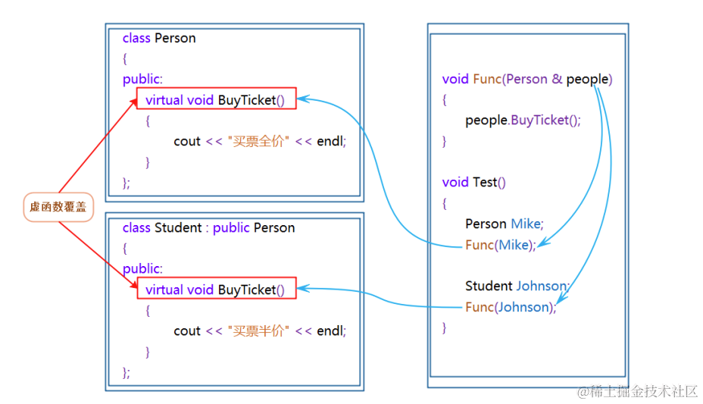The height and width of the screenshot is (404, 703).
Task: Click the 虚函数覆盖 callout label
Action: [x=58, y=206]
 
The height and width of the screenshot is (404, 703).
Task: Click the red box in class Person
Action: [x=216, y=99]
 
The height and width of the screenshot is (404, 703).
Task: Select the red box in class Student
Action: [x=216, y=290]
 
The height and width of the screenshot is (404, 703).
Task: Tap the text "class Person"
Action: [x=159, y=38]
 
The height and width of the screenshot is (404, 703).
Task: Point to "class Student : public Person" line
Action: [x=208, y=227]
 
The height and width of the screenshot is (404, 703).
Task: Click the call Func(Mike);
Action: [x=501, y=245]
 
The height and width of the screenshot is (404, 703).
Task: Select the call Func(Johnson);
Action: [x=511, y=307]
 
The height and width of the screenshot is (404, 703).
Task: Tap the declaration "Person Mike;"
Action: [x=505, y=224]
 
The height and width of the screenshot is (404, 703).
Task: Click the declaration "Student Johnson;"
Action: [x=517, y=286]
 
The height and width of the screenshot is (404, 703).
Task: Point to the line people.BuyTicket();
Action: [x=523, y=120]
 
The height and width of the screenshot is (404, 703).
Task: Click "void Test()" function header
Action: [x=474, y=182]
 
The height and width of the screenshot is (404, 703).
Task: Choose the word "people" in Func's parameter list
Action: [x=587, y=79]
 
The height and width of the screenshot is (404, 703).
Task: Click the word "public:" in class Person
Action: [x=142, y=79]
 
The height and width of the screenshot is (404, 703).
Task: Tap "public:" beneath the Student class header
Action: [x=142, y=268]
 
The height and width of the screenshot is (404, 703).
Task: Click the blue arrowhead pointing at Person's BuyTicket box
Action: [x=302, y=99]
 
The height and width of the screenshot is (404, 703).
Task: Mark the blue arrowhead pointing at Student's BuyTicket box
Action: [x=302, y=288]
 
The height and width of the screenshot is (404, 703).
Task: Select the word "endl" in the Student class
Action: [x=330, y=330]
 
